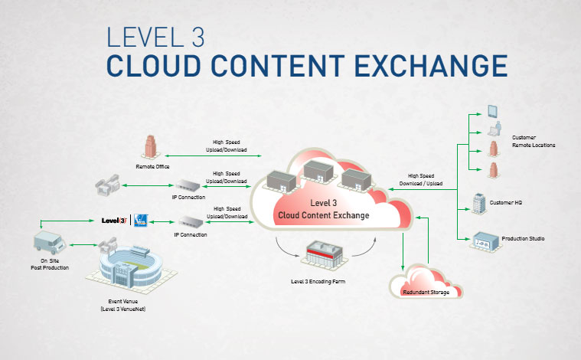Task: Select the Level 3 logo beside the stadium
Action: pos(114,221)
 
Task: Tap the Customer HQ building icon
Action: pos(478,204)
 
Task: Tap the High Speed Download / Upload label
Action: pos(421,179)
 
